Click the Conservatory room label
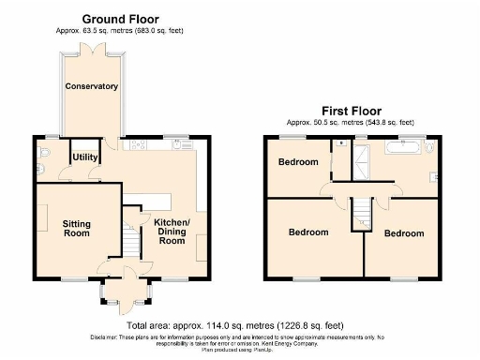point(92,86)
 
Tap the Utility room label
point(85,157)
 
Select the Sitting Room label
point(77,228)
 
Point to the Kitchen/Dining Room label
point(172,231)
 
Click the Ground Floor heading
point(120,19)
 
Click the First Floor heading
point(350,109)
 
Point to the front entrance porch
point(127,297)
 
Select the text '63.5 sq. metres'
point(104,31)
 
